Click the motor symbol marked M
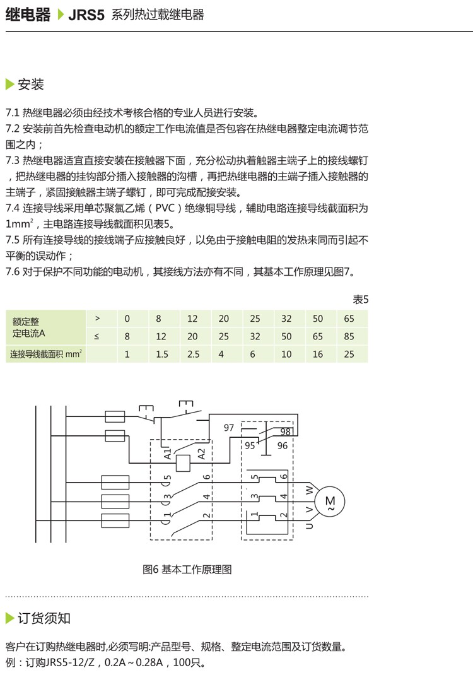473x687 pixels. point(330,501)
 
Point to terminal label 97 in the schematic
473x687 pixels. point(229,428)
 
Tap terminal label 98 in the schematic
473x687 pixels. point(285,432)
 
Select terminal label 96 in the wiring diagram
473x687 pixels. point(283,445)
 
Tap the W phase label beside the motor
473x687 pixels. point(309,489)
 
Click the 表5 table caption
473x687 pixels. point(360,300)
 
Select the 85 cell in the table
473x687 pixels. point(349,336)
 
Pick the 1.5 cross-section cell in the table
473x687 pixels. point(161,355)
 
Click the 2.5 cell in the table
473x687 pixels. point(193,355)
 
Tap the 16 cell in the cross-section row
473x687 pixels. point(318,355)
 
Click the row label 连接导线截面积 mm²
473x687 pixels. point(47,355)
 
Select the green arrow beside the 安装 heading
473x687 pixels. point(9,85)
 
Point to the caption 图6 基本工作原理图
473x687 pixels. point(187,570)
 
